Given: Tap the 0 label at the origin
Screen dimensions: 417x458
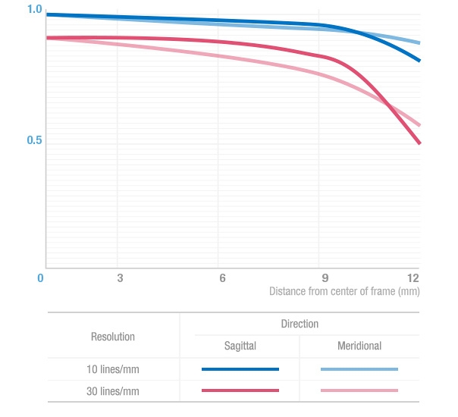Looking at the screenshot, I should click(x=41, y=277).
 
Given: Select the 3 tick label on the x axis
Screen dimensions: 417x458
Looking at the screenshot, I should click(x=120, y=277).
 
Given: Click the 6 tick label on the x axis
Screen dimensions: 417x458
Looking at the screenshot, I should click(x=222, y=277).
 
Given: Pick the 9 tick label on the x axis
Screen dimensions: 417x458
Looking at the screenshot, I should click(x=325, y=277).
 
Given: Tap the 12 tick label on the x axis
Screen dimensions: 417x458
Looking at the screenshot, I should click(x=413, y=277).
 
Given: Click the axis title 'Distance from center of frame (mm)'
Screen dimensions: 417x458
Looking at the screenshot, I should click(x=344, y=291).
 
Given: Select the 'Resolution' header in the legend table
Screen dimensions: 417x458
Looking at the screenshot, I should click(x=113, y=336).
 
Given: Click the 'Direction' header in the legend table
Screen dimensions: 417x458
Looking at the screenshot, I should click(x=300, y=324).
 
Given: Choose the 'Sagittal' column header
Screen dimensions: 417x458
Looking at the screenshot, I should click(x=240, y=346).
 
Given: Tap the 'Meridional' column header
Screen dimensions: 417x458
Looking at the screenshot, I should click(x=359, y=346).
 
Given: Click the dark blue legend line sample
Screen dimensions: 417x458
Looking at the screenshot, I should click(x=240, y=369).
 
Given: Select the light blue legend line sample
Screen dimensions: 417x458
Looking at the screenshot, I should click(x=359, y=369).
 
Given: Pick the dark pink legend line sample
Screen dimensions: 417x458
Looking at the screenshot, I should click(x=240, y=390).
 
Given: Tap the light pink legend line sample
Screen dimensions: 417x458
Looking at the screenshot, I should click(x=359, y=390).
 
